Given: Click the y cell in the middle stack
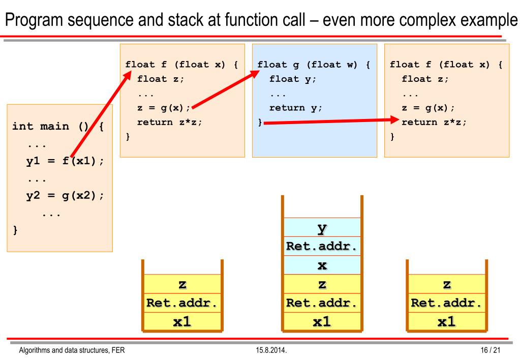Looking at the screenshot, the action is coord(322,227).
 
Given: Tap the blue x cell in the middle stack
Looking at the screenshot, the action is coord(322,265).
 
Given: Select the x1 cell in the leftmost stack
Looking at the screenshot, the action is coord(182,321).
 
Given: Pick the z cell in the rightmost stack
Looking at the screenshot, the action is coord(447,284).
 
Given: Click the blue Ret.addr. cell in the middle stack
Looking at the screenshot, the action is coord(322,246).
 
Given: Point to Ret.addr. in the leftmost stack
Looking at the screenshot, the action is coord(182,303).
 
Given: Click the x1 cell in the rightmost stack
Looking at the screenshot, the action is coord(447,321).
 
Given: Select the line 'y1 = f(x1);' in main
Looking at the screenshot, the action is coord(65,161).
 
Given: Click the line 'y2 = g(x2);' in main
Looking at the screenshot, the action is coord(65,196).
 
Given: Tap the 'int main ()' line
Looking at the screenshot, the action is coord(58,127).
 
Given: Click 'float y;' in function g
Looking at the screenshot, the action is coord(292,79).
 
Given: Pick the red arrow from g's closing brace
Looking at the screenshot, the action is coord(331,122).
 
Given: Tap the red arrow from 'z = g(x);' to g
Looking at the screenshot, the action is coord(226,89).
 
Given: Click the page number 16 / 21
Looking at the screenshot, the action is coord(490,350).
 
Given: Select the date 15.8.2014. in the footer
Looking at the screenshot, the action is coord(271,350).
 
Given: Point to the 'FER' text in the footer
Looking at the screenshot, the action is coord(118,350).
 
